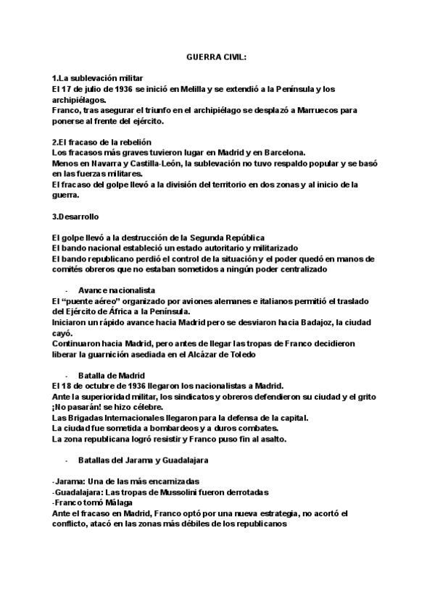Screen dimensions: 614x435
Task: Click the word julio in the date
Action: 85,89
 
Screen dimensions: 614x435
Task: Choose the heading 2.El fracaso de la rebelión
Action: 102,141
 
